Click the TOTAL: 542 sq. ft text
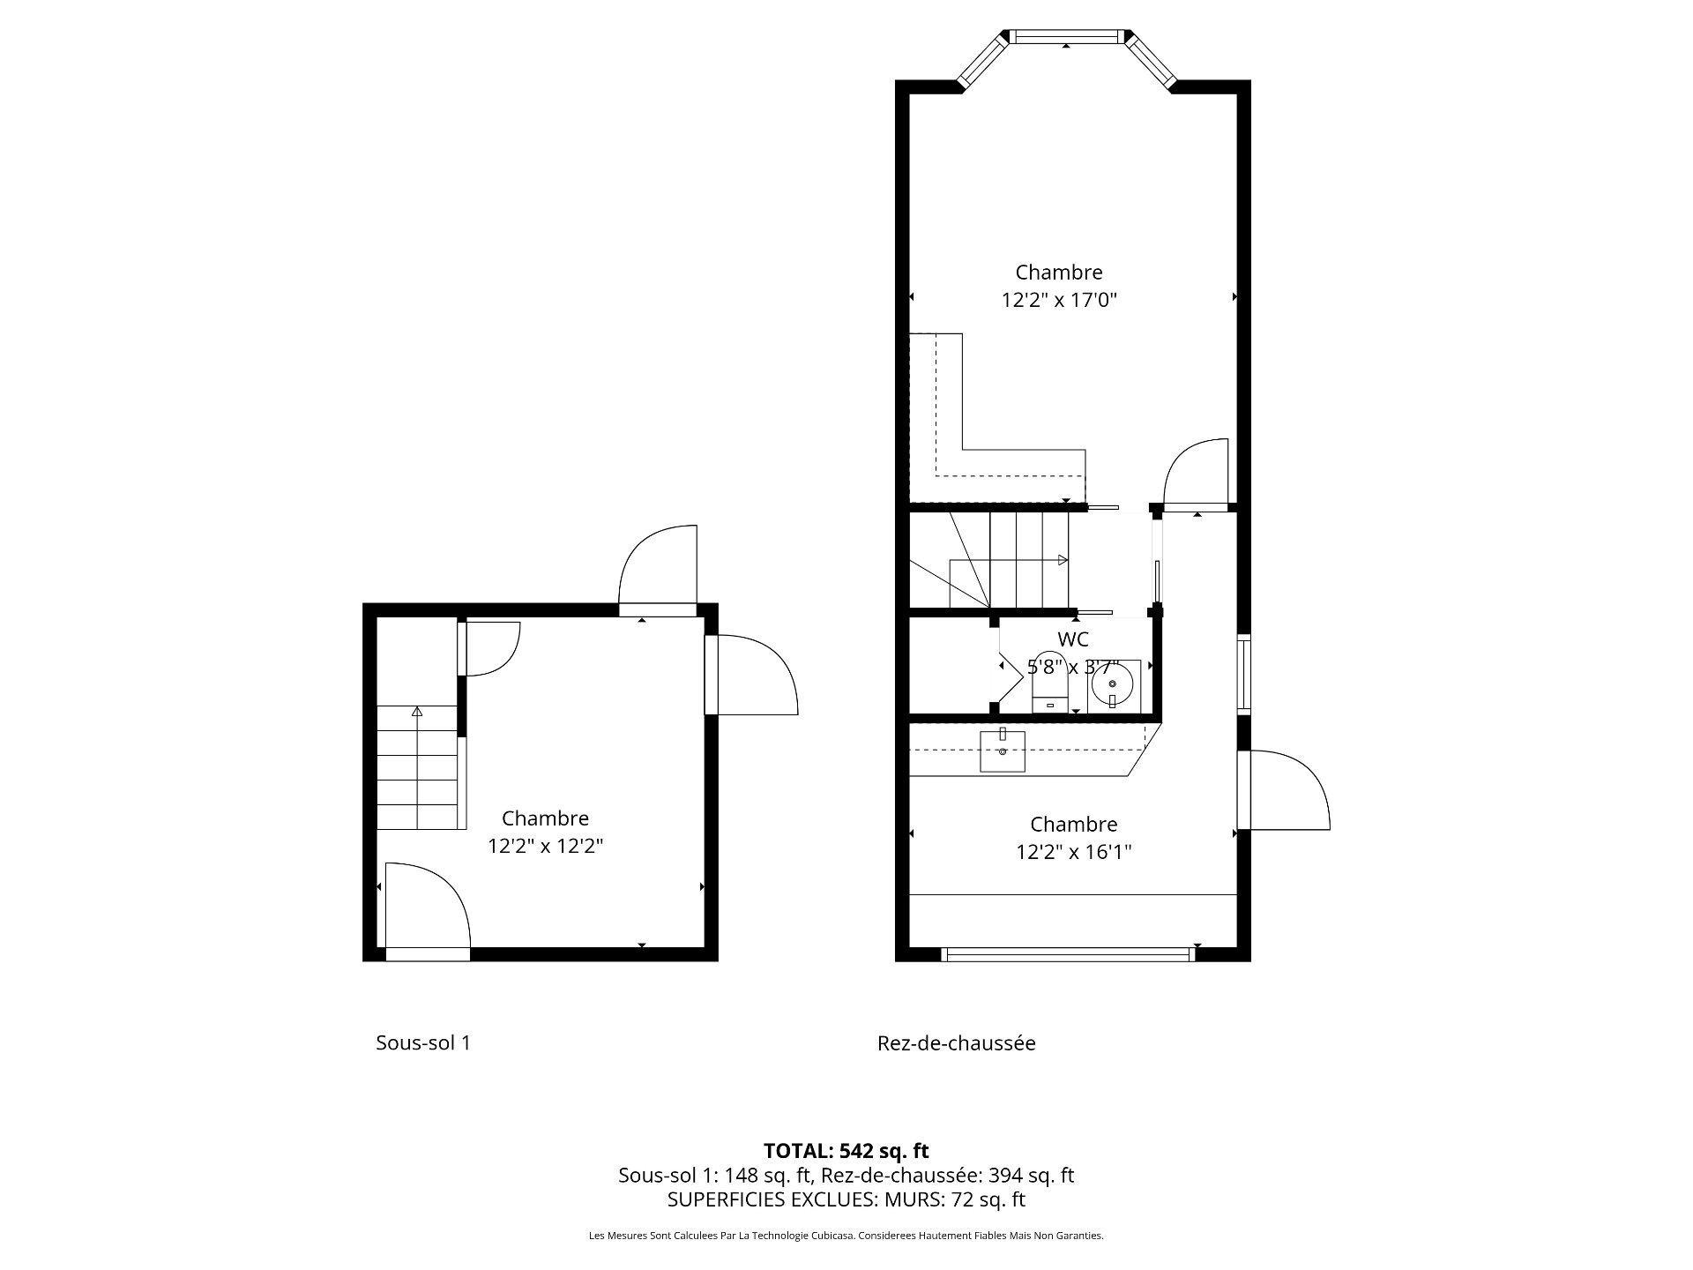click(x=846, y=1150)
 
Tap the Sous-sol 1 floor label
click(x=423, y=1042)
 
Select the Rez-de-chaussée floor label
click(x=956, y=1043)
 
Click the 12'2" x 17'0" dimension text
click(x=1058, y=300)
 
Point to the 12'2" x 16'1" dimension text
click(x=1073, y=852)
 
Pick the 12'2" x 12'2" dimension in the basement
click(x=545, y=846)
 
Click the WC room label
click(x=1072, y=639)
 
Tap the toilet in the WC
click(x=1049, y=684)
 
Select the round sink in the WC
click(x=1112, y=684)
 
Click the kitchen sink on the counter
click(x=1003, y=751)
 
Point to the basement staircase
click(x=418, y=767)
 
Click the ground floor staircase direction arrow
click(x=1063, y=560)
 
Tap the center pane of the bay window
click(x=1066, y=36)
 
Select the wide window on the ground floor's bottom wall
click(x=1067, y=953)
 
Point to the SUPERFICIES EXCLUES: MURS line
click(x=846, y=1199)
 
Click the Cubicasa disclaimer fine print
click(x=846, y=1236)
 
